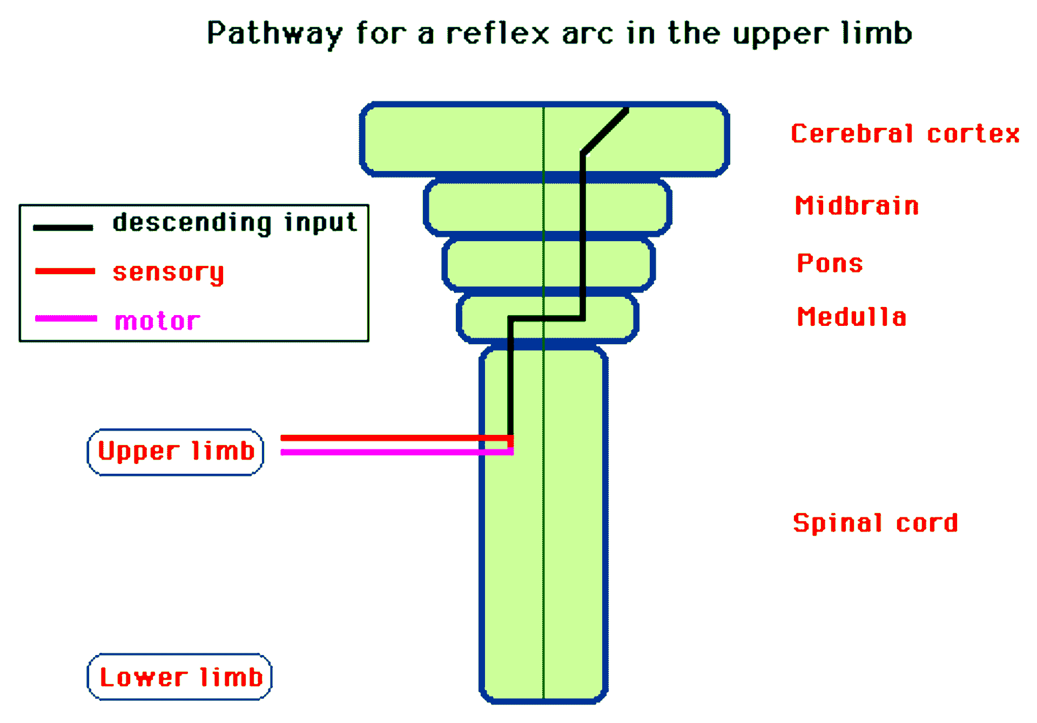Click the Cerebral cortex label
905,134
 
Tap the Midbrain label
857,206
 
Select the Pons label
830,263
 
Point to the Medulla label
852,317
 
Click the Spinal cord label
875,523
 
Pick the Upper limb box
176,452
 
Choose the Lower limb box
180,677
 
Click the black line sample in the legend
63,228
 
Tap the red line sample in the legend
65,271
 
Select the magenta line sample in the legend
66,318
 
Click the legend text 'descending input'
235,223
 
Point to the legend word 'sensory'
168,272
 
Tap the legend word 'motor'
157,321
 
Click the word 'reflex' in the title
497,33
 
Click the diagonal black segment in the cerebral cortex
605,131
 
